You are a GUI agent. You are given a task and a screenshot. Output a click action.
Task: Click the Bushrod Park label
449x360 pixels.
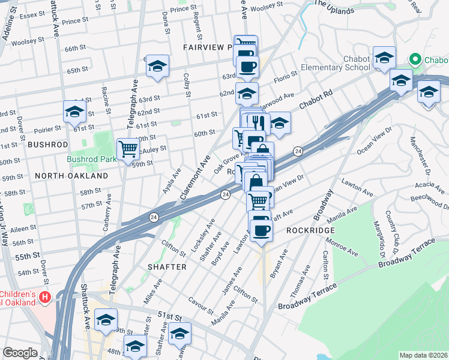[x=91, y=160]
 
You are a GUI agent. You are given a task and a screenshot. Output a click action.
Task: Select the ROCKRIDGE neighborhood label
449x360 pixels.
[x=309, y=230]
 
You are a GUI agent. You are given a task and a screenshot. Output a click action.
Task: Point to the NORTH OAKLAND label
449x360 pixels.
[x=71, y=176]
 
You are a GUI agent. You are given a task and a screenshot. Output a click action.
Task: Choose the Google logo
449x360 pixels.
[x=20, y=353]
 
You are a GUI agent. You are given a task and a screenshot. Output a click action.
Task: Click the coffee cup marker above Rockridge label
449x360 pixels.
[x=261, y=229]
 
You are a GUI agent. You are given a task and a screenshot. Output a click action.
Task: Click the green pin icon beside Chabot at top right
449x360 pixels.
[x=414, y=59]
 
